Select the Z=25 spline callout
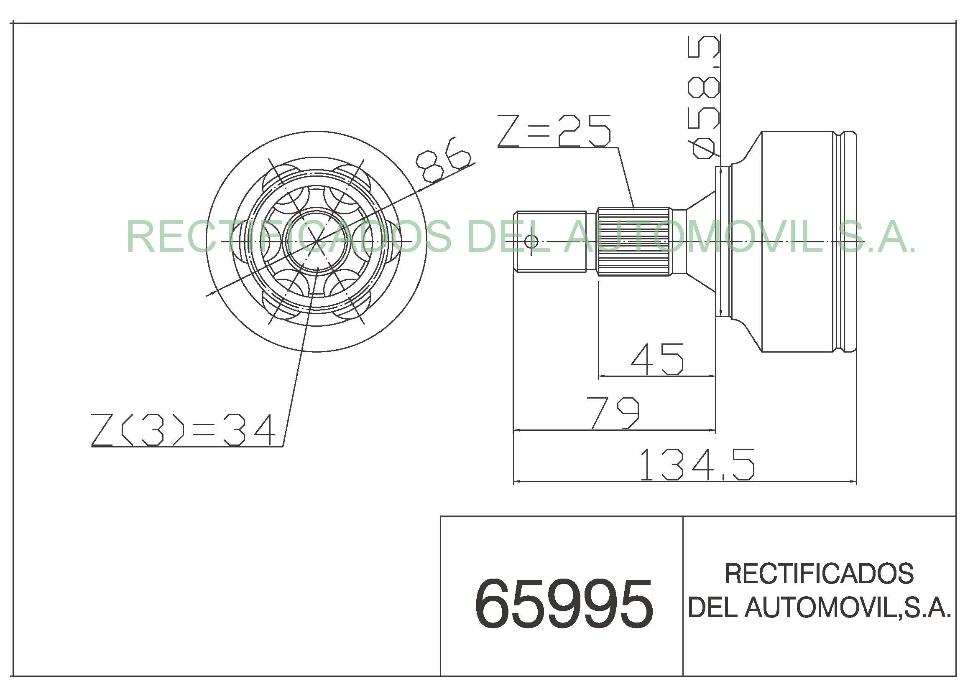click(554, 131)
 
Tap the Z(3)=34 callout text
click(184, 430)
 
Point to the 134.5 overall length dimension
click(697, 465)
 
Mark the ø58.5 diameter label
click(705, 97)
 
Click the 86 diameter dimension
click(443, 160)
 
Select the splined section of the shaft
click(634, 241)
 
